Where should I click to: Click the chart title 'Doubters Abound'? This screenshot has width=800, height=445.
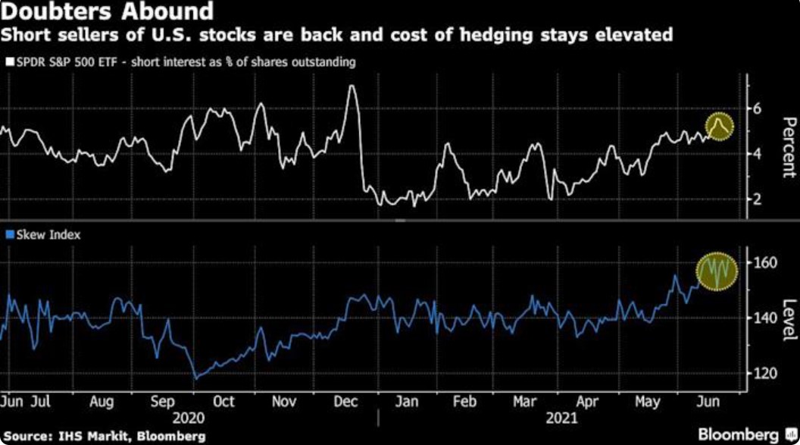click(107, 12)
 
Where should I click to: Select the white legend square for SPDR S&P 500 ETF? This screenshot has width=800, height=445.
click(8, 62)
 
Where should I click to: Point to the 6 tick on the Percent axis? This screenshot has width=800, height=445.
click(757, 109)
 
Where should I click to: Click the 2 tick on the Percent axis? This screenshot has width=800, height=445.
click(757, 199)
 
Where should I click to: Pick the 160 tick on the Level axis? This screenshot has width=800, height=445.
click(763, 263)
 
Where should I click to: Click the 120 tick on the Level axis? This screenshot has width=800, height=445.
click(763, 373)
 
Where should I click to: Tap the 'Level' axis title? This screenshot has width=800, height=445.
click(788, 319)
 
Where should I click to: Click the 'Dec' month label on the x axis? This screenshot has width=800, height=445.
click(345, 402)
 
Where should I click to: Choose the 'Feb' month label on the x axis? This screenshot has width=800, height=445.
click(464, 402)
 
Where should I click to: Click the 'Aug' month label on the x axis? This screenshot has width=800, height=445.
click(102, 402)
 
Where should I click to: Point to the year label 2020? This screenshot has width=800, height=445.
click(189, 418)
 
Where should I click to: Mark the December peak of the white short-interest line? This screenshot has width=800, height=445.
click(351, 86)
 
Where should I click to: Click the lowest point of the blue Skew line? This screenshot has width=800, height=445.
click(196, 377)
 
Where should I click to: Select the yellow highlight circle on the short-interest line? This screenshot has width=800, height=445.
click(719, 126)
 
